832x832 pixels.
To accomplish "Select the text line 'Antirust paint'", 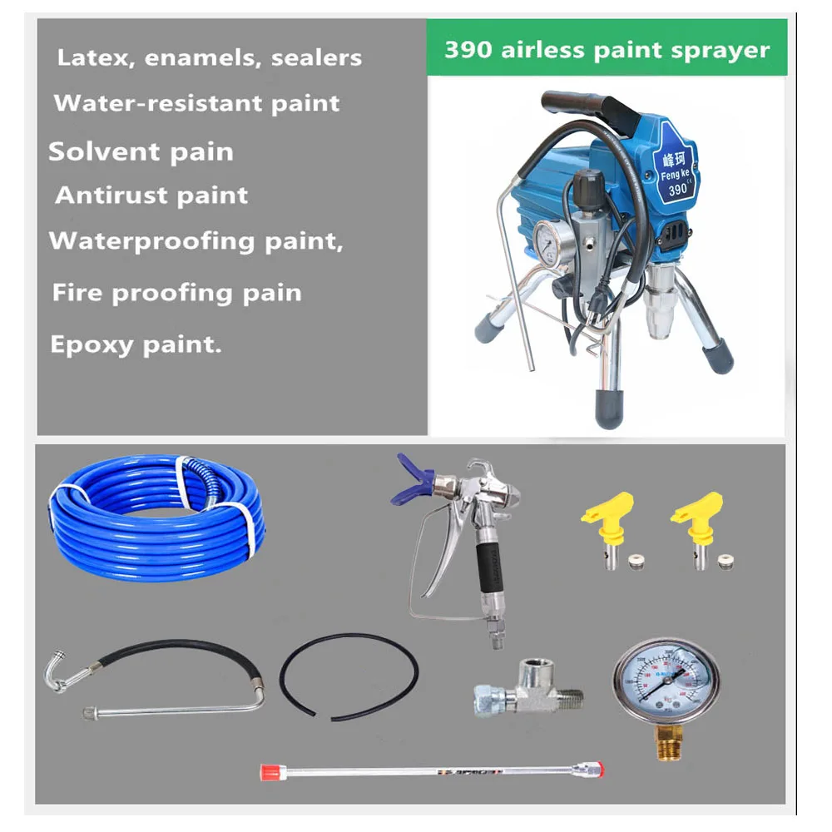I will [x=151, y=196].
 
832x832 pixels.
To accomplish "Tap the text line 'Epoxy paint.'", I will [x=136, y=345].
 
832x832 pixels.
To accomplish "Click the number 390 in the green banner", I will [x=463, y=49].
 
